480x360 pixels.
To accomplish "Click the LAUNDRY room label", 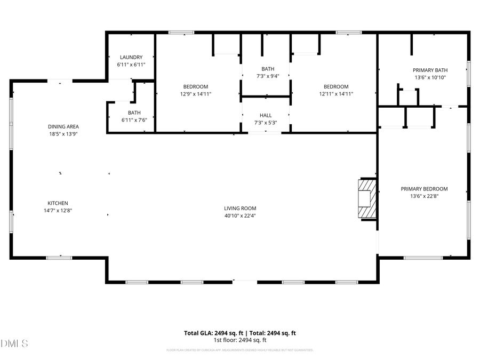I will [x=131, y=57].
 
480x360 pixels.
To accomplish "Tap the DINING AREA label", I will [x=63, y=126].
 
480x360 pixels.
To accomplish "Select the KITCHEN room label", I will [x=58, y=203].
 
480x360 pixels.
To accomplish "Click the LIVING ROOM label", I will [x=240, y=209].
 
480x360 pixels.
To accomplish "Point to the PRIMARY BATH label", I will [x=430, y=70].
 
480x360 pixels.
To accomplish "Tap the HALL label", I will [x=266, y=115].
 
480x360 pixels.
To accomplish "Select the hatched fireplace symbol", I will [x=367, y=199].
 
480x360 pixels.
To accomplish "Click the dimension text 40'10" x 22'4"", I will [x=240, y=216].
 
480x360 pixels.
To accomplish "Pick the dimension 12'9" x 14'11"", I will [x=196, y=94].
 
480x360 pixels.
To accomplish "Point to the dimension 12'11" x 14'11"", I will [x=336, y=94].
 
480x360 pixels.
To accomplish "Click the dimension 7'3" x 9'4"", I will [x=268, y=76].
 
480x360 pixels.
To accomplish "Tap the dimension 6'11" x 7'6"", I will [x=134, y=120].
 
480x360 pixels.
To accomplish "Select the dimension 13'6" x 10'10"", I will [x=430, y=77].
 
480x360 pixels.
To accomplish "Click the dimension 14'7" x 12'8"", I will [x=58, y=211].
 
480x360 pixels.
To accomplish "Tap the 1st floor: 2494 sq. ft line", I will [x=240, y=340].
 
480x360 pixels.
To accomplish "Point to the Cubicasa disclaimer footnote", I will [x=240, y=350].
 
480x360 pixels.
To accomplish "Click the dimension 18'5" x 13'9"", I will [x=63, y=134].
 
